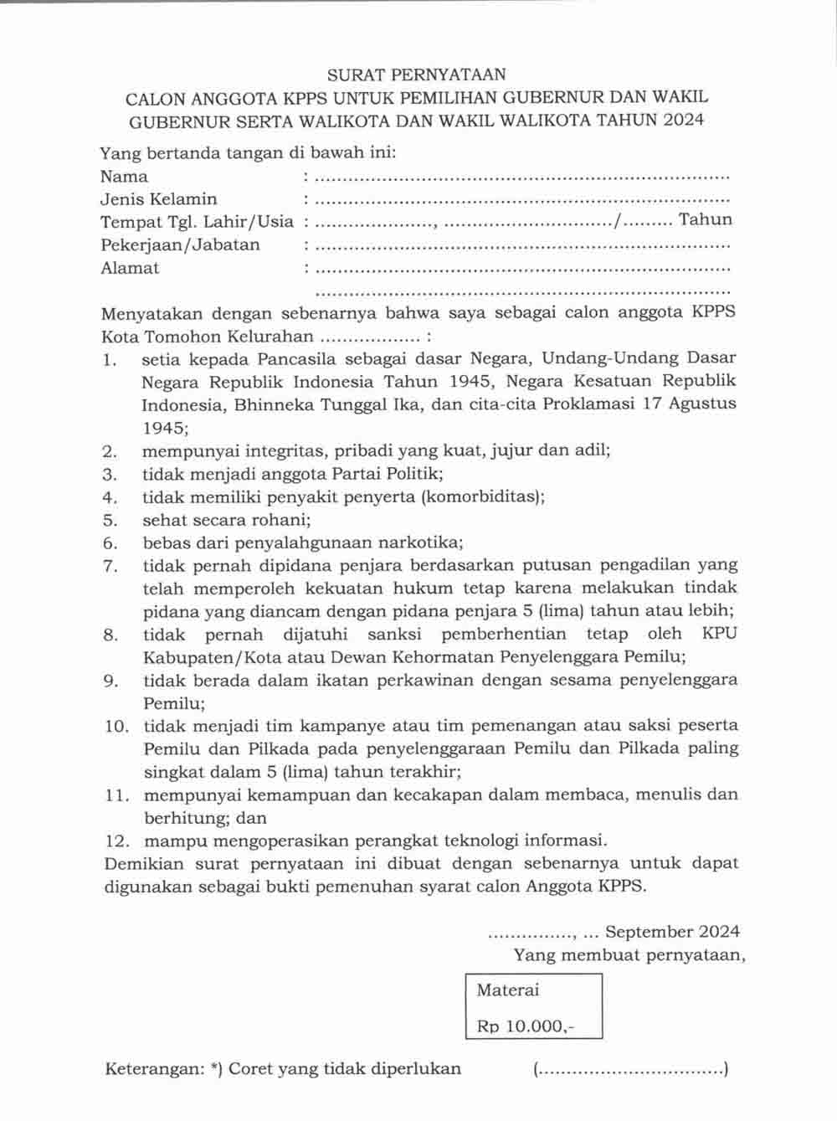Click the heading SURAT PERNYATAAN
[x=416, y=75]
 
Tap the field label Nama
[x=124, y=177]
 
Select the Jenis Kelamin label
[x=158, y=199]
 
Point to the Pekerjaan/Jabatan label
[x=180, y=245]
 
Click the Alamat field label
[x=130, y=269]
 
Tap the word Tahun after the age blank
[x=706, y=220]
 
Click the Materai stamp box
[x=534, y=1005]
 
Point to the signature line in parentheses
[x=630, y=1069]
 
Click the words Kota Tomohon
[x=148, y=337]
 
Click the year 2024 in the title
[x=683, y=120]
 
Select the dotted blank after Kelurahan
[x=372, y=338]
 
